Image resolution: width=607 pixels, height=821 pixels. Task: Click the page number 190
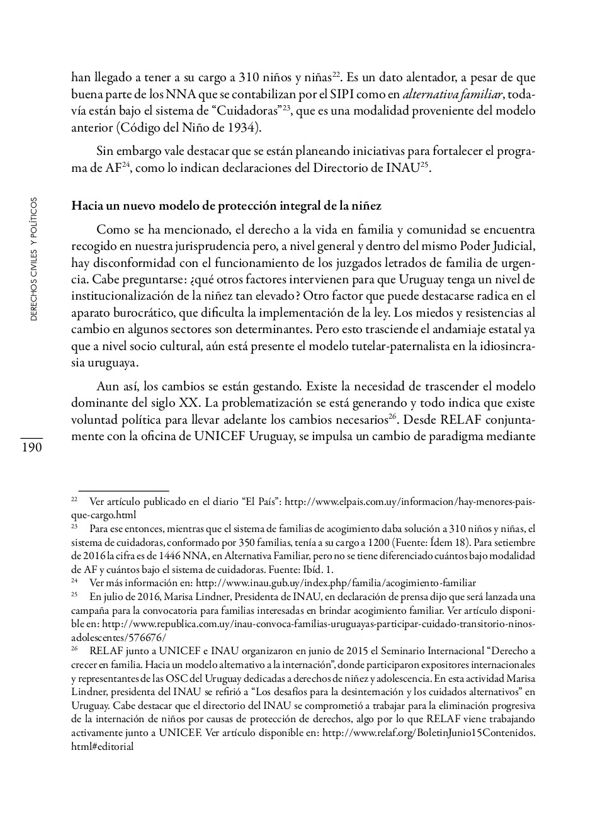(x=31, y=448)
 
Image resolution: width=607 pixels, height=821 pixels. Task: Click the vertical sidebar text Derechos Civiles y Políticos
(x=34, y=259)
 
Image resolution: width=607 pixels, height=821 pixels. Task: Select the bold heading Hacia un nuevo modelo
(x=226, y=206)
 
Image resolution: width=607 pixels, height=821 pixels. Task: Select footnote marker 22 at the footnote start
(x=74, y=499)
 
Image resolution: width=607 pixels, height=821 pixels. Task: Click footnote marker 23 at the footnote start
(x=74, y=526)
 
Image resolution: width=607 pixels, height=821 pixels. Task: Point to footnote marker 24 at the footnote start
(x=74, y=580)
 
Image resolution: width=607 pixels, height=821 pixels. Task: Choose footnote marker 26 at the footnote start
(x=74, y=648)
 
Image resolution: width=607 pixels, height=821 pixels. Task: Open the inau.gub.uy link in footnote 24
(x=336, y=583)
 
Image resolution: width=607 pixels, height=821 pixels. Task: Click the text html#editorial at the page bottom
(x=102, y=747)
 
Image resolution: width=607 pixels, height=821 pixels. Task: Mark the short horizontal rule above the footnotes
(x=123, y=490)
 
